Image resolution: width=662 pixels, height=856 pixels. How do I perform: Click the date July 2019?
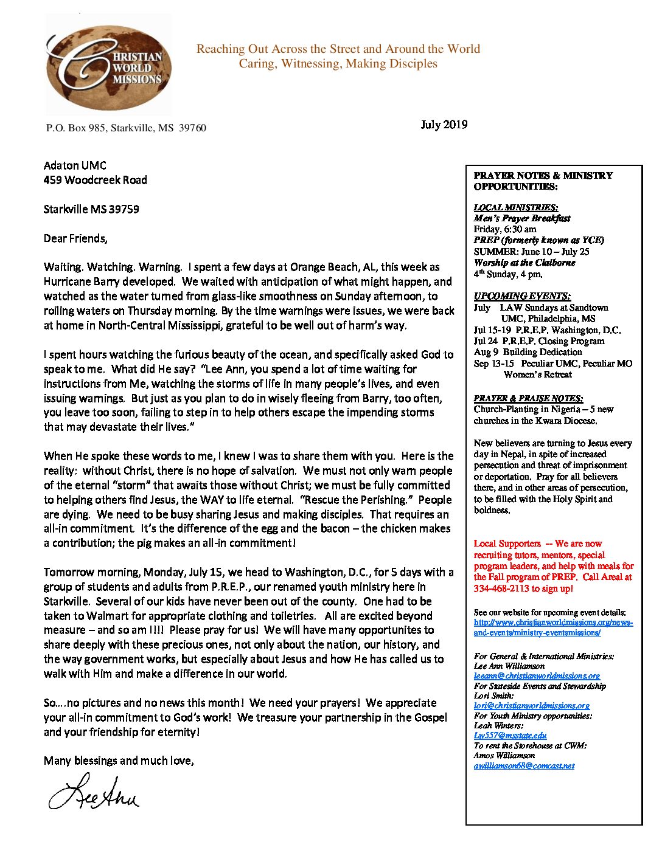pyautogui.click(x=444, y=125)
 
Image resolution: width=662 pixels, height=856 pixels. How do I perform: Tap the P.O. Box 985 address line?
pyautogui.click(x=126, y=128)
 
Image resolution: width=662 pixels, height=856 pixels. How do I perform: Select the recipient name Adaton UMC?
pyautogui.click(x=75, y=165)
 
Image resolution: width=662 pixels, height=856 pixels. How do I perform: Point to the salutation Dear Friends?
pyautogui.click(x=75, y=238)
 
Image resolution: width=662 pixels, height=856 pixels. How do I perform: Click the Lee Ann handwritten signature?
pyautogui.click(x=94, y=793)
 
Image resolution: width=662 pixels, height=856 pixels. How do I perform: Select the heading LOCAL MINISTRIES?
pyautogui.click(x=515, y=207)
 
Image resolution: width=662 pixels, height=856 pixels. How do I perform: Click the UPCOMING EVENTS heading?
pyautogui.click(x=522, y=296)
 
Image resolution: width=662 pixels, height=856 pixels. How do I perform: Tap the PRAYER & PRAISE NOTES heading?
pyautogui.click(x=528, y=398)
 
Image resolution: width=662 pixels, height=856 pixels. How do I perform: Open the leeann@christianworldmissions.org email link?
pyautogui.click(x=537, y=675)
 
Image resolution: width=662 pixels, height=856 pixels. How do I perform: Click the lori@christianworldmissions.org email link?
pyautogui.click(x=531, y=705)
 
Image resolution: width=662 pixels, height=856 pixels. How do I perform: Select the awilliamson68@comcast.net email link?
pyautogui.click(x=524, y=765)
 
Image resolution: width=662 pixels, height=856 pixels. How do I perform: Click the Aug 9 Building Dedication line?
pyautogui.click(x=528, y=352)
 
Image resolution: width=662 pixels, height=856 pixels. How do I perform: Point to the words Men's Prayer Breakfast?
pyautogui.click(x=522, y=218)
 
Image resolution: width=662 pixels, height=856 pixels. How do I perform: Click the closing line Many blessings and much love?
pyautogui.click(x=119, y=761)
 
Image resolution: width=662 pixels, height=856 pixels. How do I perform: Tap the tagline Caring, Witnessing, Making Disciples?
pyautogui.click(x=338, y=64)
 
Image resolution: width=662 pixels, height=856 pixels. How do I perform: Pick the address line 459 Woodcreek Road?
pyautogui.click(x=95, y=180)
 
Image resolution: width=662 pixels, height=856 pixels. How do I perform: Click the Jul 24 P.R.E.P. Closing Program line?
pyautogui.click(x=539, y=341)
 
